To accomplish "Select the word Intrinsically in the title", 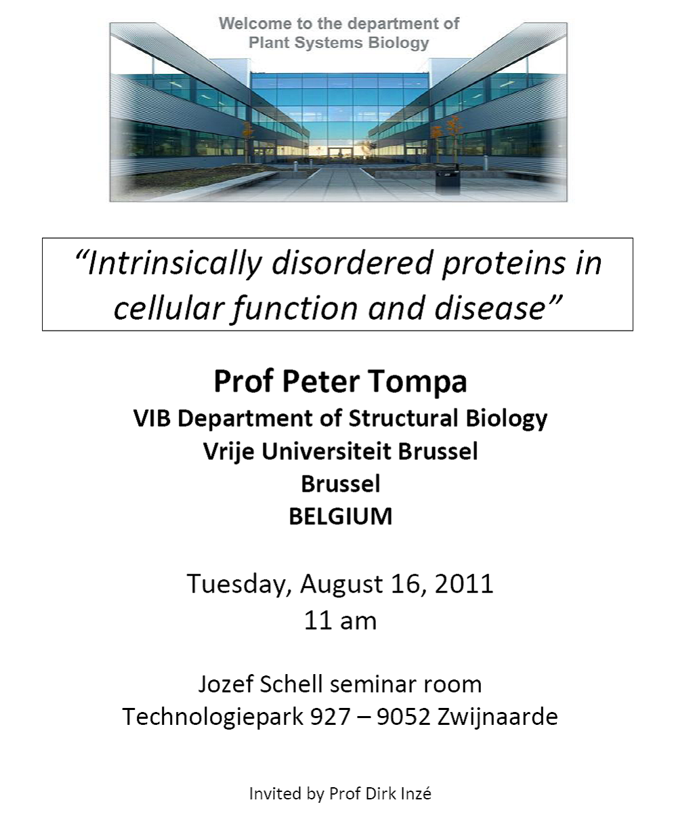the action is pos(168,264).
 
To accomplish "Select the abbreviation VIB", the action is pos(152,419).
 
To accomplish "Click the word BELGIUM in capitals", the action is pos(340,517).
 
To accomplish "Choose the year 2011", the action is pos(464,584).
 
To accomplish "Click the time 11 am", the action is pos(340,621).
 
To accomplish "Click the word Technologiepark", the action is pos(213,717).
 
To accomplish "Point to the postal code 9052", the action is pos(404,717).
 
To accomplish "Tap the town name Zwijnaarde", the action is pos(498,717).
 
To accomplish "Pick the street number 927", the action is pos(331,717).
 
